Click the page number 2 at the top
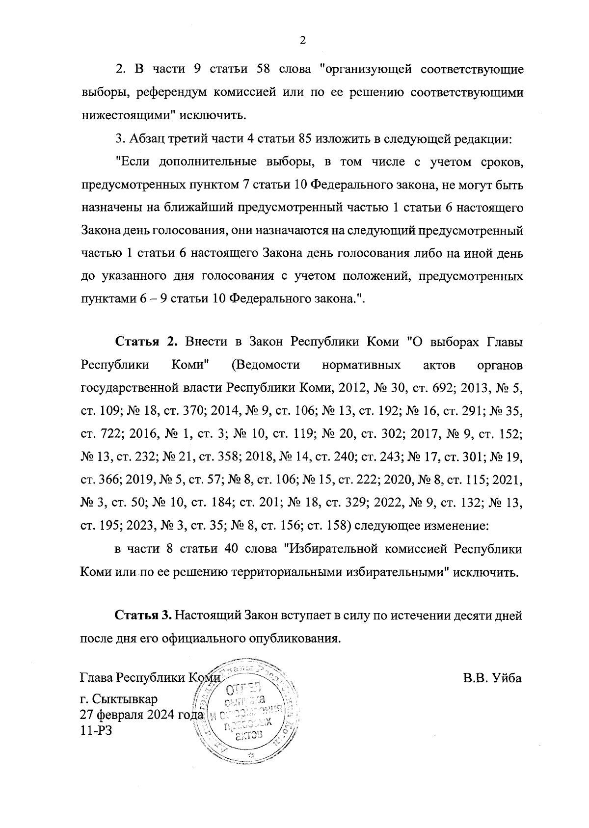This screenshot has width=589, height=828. click(302, 41)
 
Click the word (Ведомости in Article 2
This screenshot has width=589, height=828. click(264, 365)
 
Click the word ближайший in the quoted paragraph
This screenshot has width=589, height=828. click(195, 208)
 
